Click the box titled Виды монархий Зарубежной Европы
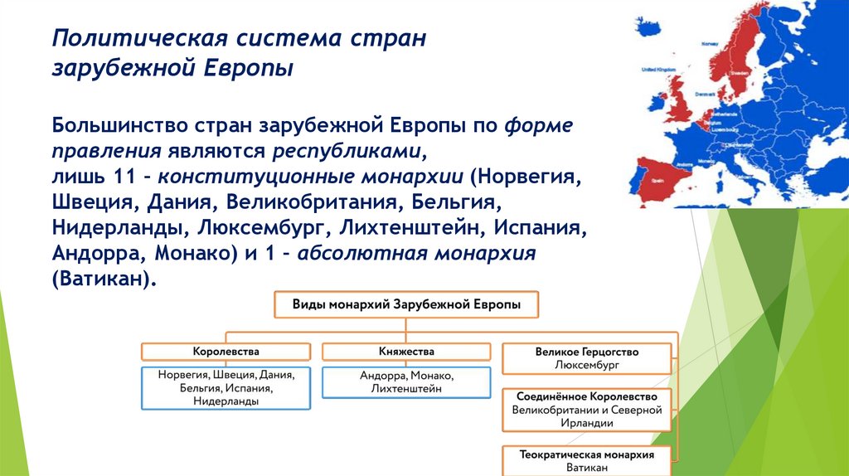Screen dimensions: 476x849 406,305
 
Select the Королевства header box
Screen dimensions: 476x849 226,351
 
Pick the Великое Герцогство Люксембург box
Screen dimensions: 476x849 587,358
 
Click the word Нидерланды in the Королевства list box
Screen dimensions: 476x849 226,401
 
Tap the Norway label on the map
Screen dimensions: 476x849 709,43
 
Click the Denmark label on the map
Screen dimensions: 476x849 706,95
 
